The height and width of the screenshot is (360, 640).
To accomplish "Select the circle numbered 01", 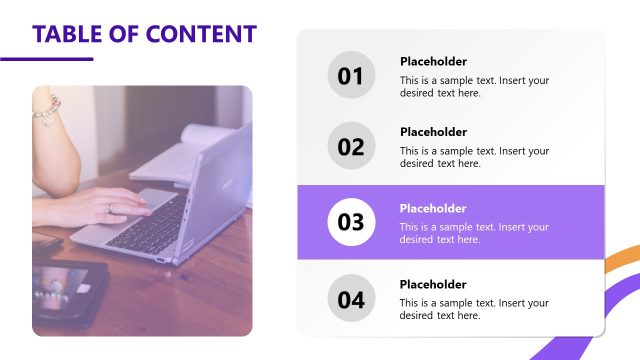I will point(351,76).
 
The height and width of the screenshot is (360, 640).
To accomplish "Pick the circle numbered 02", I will point(351,147).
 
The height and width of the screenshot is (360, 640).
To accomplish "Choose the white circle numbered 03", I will point(351,223).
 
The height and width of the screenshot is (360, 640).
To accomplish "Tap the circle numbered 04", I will point(351,299).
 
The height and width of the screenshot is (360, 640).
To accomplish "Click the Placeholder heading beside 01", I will point(433,61).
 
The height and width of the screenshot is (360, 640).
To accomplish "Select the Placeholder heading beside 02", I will point(433,132).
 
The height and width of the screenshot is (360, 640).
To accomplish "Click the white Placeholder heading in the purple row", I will point(433,208).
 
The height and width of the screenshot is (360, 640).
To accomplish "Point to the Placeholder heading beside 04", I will point(433,284).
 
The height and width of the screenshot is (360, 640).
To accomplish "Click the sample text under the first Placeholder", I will point(474,86).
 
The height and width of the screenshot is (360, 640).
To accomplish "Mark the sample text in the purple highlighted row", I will point(474,233).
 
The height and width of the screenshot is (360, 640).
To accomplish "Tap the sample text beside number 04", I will point(474,309).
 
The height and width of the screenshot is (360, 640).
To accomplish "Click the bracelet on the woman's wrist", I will point(46,110).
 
